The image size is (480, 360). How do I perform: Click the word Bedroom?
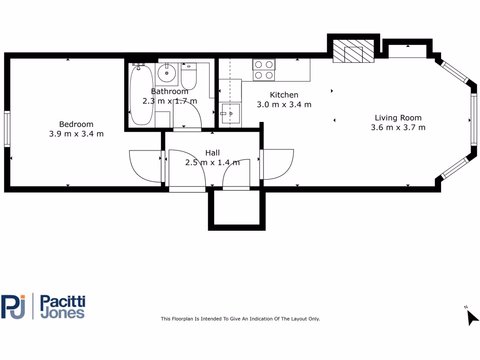pos(76,124)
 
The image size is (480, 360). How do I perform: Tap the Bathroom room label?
pos(169,91)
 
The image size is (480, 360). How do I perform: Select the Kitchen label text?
pos(284,95)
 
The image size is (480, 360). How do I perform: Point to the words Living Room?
pos(398,118)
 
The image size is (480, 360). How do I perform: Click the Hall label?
pos(212,153)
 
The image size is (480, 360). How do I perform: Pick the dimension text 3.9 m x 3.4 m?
pos(76,134)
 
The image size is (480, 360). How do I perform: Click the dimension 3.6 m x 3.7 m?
pos(398,127)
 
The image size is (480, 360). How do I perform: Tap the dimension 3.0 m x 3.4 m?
pos(284,105)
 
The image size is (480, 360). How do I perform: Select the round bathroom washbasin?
pos(166,73)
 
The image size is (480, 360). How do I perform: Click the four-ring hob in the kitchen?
pos(263,70)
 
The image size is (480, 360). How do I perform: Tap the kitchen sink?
pos(230,113)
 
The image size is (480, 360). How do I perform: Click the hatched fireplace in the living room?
pos(353,51)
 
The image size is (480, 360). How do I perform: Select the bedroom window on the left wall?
pos(7,129)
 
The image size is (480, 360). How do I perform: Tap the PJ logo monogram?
pos(14,307)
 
